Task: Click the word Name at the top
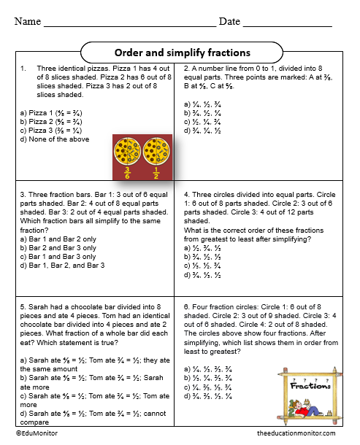pyautogui.click(x=27, y=21)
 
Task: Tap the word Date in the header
pyautogui.click(x=229, y=21)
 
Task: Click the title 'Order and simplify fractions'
pyautogui.click(x=183, y=53)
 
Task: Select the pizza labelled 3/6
pyautogui.click(x=126, y=152)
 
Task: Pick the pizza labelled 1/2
pyautogui.click(x=154, y=152)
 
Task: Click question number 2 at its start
pyautogui.click(x=186, y=69)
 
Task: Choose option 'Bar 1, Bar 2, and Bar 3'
pyautogui.click(x=62, y=265)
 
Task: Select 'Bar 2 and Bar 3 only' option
pyautogui.click(x=58, y=247)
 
